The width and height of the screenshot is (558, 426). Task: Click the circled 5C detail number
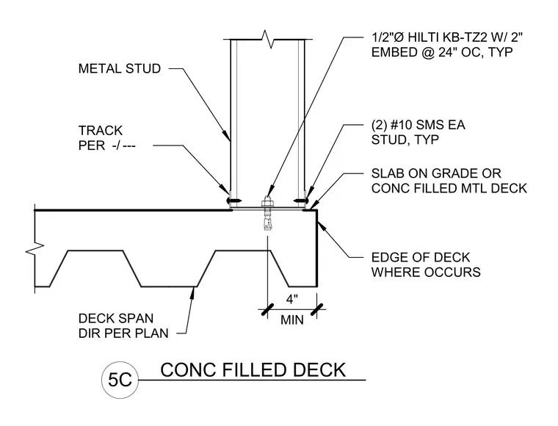(x=120, y=380)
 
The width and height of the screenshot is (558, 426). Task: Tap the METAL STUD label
(x=120, y=68)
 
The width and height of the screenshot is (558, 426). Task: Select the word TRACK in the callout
(x=101, y=131)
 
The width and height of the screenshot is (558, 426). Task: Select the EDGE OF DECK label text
(x=421, y=257)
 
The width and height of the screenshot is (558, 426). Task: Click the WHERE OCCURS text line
(x=426, y=272)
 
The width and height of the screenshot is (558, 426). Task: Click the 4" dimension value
(x=291, y=300)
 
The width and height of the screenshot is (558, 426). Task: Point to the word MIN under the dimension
(x=291, y=320)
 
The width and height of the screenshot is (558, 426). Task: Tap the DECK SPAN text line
(x=116, y=318)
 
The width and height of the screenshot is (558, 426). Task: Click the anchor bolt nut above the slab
(x=267, y=203)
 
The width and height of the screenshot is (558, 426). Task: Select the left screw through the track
(x=233, y=201)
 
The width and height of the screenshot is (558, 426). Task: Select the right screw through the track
(x=301, y=201)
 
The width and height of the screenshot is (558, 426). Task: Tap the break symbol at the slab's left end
(x=35, y=249)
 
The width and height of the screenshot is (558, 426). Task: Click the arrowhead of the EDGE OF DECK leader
(x=320, y=225)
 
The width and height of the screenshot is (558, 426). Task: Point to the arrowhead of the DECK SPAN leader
(x=193, y=292)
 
